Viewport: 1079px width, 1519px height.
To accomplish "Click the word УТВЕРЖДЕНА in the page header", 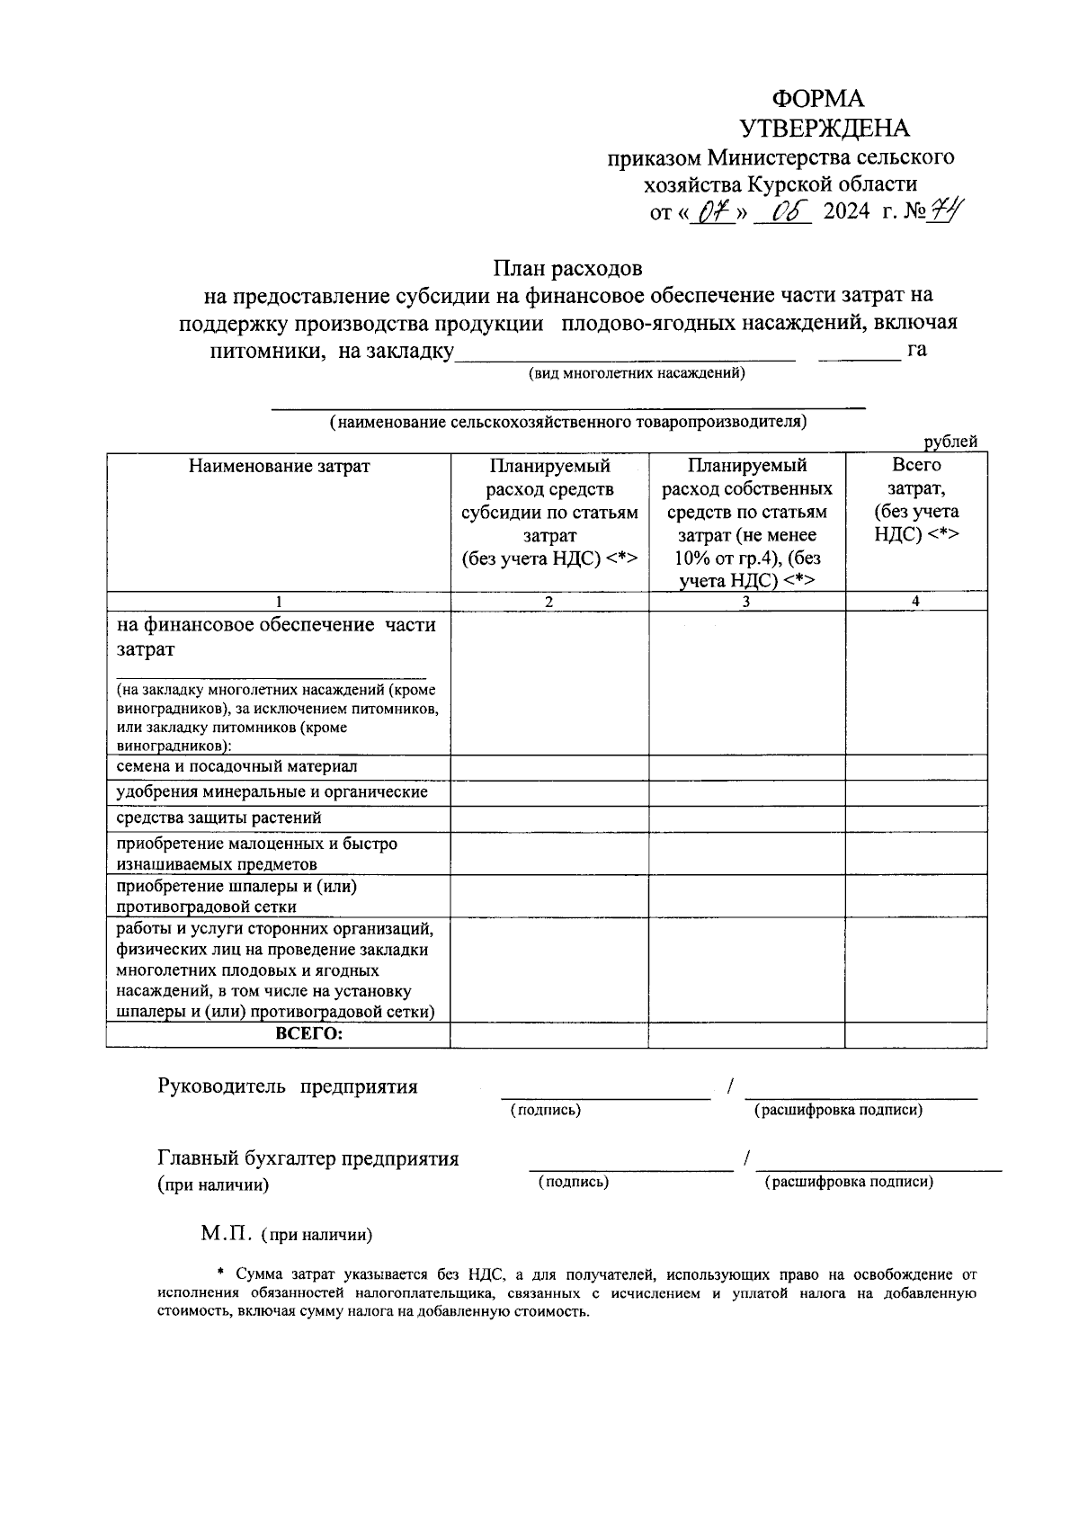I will [824, 129].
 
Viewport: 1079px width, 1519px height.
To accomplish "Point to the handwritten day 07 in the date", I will [712, 213].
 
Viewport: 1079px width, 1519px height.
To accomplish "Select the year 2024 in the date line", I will [846, 213].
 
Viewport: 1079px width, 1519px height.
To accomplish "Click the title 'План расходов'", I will [566, 268].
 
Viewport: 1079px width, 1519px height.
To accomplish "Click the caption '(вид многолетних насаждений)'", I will [637, 373].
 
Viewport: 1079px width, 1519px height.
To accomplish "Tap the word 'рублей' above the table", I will [950, 442].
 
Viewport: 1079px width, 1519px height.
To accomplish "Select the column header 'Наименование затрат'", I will [279, 467].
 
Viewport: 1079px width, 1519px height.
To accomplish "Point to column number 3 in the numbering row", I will [745, 602].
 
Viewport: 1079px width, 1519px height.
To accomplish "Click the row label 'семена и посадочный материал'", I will [237, 767].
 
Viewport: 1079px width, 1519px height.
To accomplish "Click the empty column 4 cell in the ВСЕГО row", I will [914, 1036].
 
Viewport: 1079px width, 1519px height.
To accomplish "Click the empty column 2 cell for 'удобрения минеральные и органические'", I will [548, 793].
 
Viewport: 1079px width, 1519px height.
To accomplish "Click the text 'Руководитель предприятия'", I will [288, 1086].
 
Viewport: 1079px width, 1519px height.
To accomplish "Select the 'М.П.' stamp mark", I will [227, 1234].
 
